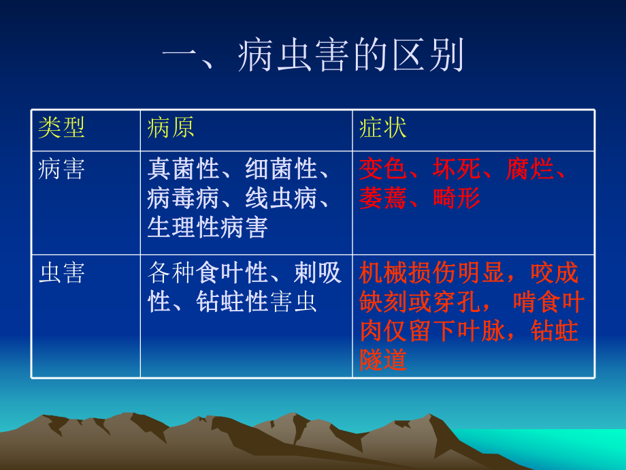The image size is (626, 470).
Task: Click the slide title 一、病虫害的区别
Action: (314, 56)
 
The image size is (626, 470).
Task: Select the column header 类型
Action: (61, 128)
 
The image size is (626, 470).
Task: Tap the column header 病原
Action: (171, 128)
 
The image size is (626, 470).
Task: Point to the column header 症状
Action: (383, 128)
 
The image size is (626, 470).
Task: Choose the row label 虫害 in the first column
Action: (61, 273)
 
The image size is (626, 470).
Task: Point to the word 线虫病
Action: (281, 199)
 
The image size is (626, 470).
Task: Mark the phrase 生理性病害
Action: (208, 228)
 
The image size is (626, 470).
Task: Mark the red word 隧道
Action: (383, 360)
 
